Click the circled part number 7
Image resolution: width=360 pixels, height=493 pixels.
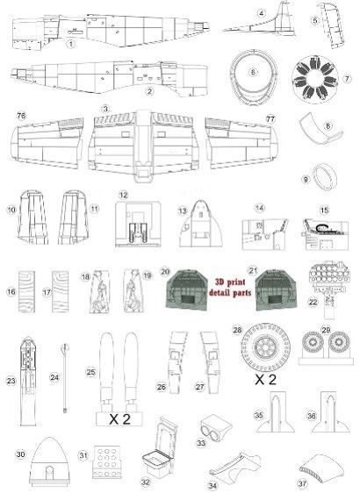tap(347, 78)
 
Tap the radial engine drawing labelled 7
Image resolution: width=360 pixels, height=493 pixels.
tap(314, 77)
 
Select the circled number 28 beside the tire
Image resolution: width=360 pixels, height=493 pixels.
tap(237, 330)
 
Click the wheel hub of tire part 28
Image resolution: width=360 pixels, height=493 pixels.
tap(266, 347)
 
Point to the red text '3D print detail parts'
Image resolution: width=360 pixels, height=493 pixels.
tap(230, 288)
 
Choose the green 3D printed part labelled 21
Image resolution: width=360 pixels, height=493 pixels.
tap(276, 289)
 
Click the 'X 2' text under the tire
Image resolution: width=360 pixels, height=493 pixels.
tap(265, 380)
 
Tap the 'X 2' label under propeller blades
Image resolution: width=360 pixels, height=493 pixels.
tap(119, 419)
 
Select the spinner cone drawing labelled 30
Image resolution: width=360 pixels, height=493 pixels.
tap(49, 461)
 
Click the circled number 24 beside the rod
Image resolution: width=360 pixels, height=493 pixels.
tap(54, 377)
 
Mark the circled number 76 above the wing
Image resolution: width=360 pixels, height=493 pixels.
tap(21, 116)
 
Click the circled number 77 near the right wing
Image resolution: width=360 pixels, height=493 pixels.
tap(270, 119)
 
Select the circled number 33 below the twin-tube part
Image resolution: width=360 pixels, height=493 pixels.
tap(201, 443)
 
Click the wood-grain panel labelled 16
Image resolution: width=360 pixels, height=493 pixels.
tap(26, 291)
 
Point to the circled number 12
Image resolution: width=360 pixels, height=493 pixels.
tap(123, 196)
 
